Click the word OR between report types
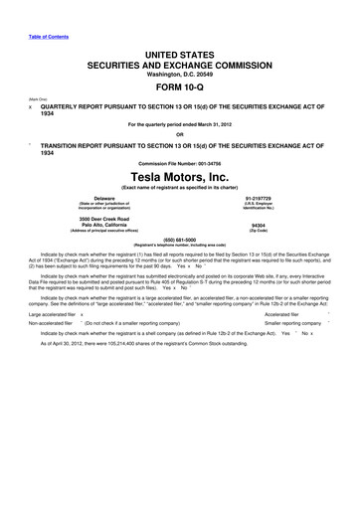pyautogui.click(x=179, y=135)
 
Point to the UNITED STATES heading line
pyautogui.click(x=179, y=50)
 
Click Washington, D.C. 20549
pyautogui.click(x=179, y=72)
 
